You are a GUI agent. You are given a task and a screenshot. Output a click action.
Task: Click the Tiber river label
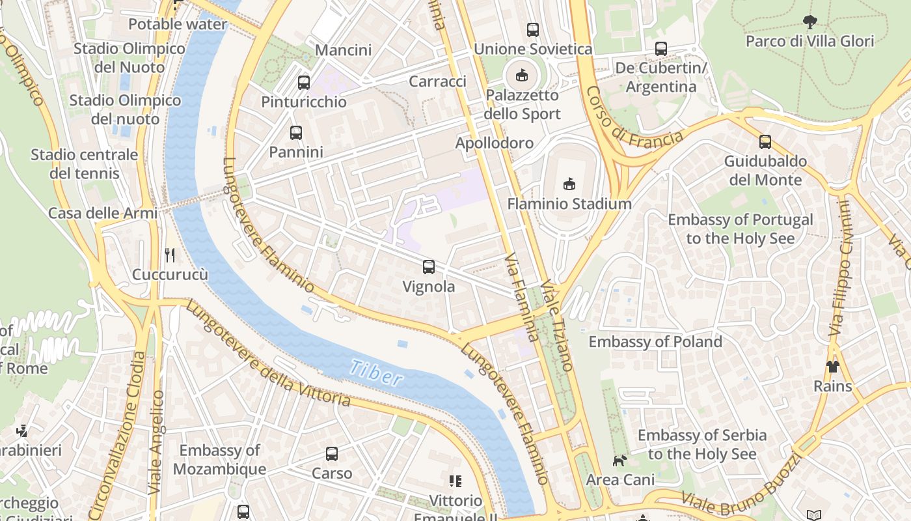(376, 373)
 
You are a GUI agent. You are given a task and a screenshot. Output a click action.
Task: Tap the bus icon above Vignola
(429, 266)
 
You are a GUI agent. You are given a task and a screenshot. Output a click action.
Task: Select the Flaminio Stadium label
(569, 204)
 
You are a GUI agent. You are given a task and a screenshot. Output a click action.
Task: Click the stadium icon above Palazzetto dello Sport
(522, 76)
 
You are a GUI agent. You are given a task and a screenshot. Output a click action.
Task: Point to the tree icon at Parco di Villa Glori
(809, 22)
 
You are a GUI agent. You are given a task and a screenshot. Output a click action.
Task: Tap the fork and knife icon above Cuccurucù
(170, 255)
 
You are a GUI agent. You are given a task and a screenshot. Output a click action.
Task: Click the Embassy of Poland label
(655, 342)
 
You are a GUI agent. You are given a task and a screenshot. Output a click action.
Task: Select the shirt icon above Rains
(833, 366)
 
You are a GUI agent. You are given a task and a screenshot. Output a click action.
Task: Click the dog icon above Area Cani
(619, 460)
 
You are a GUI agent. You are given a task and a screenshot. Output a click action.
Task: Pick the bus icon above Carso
(332, 454)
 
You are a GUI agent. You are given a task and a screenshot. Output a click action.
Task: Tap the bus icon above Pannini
(296, 133)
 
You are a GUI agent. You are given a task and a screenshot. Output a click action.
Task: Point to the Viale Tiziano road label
(557, 326)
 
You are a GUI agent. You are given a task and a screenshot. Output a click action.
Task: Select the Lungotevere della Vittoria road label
(268, 355)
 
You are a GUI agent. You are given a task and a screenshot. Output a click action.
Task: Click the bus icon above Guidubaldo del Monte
(765, 141)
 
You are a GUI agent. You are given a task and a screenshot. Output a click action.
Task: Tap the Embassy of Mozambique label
(219, 460)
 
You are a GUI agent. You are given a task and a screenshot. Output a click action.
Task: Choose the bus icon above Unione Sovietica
(533, 29)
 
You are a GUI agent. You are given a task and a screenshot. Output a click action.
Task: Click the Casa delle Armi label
(103, 213)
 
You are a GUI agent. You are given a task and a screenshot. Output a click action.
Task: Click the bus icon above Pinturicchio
(304, 83)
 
